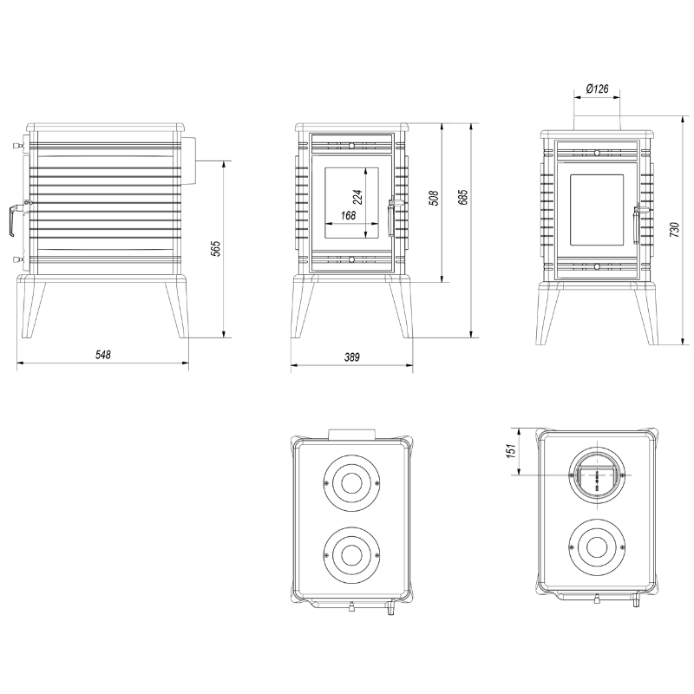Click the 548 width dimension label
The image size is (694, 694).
click(x=102, y=355)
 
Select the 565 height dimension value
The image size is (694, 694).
click(x=215, y=249)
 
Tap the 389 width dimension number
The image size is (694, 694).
click(x=352, y=357)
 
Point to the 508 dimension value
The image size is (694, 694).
click(x=435, y=198)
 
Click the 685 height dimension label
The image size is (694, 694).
click(x=463, y=198)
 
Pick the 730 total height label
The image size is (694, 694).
click(x=674, y=230)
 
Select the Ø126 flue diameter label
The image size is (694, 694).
click(x=597, y=89)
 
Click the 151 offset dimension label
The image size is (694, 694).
click(x=512, y=451)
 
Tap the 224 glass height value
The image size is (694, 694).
click(x=358, y=197)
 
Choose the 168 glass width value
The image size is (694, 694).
click(x=349, y=215)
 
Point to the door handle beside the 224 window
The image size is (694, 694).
click(x=390, y=218)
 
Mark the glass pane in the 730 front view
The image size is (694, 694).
click(x=596, y=210)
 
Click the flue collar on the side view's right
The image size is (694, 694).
click(x=188, y=160)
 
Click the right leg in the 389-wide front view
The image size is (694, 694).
click(x=401, y=310)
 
